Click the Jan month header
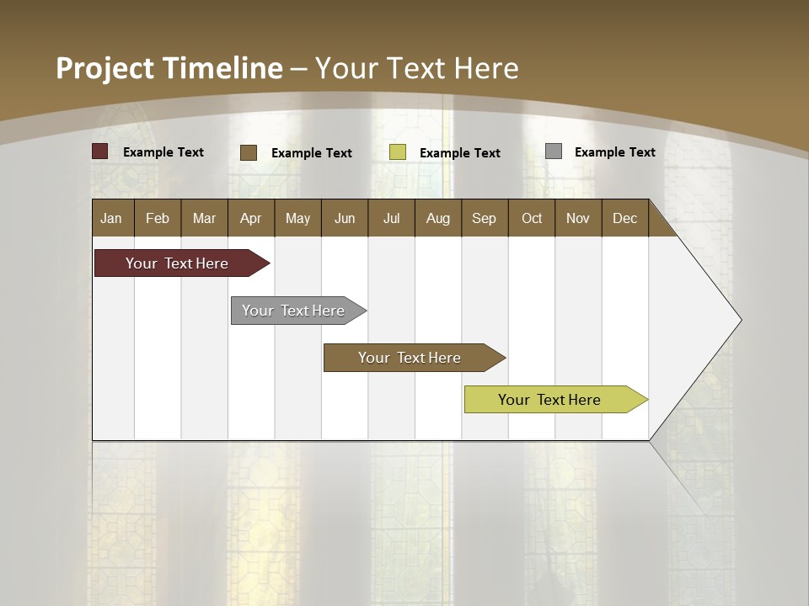click(x=111, y=218)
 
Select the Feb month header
click(x=158, y=218)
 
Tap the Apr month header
click(x=250, y=218)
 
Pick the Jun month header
click(x=345, y=218)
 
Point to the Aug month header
click(x=437, y=218)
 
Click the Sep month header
click(x=484, y=218)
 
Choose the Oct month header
click(x=532, y=218)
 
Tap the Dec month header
click(x=624, y=218)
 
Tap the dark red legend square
click(x=100, y=151)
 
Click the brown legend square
click(x=249, y=152)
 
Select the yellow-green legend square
click(x=398, y=152)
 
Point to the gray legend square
click(x=554, y=151)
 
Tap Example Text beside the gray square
click(x=614, y=151)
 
